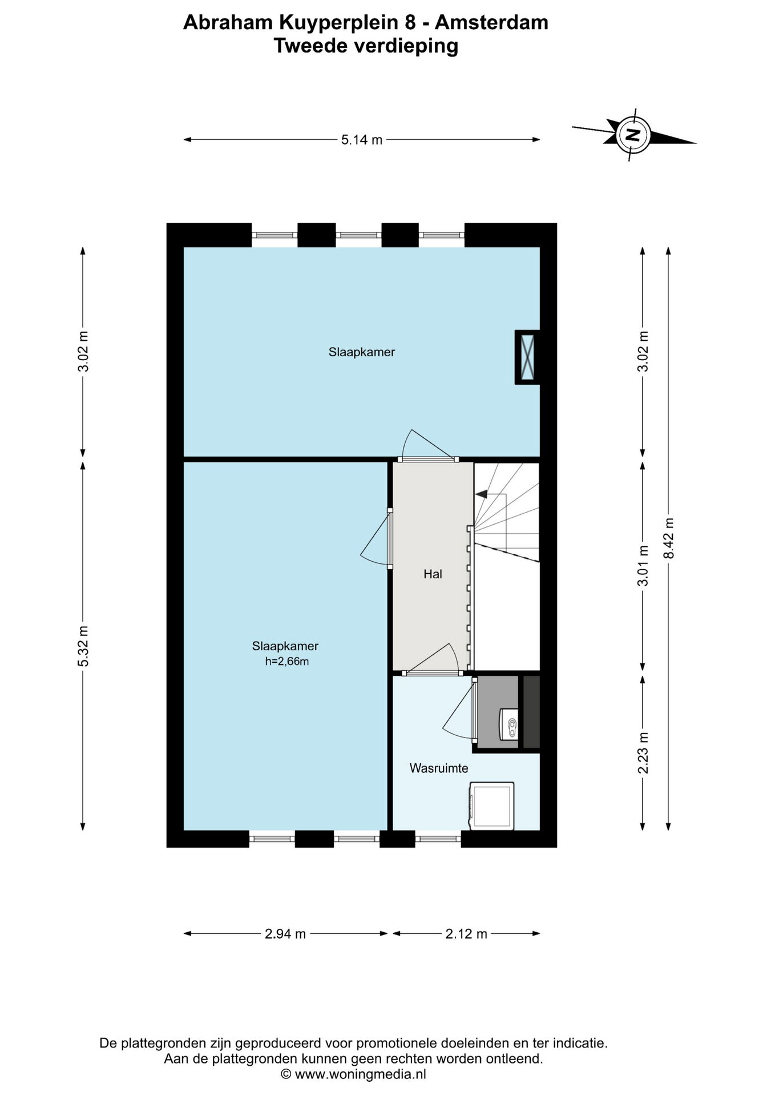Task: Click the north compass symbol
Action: [x=633, y=135]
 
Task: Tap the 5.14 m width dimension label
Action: [x=362, y=140]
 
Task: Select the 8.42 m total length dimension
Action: [x=669, y=538]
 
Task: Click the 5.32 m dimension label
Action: [x=83, y=646]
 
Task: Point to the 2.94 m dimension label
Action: [x=285, y=934]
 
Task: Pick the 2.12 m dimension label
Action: [x=466, y=934]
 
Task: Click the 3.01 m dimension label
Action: [x=643, y=566]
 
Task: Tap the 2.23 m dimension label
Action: [x=643, y=753]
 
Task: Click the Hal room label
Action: [x=433, y=574]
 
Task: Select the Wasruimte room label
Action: [x=439, y=768]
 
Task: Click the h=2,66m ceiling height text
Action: [x=287, y=662]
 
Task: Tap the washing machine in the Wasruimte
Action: [x=491, y=805]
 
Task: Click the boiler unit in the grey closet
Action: [x=508, y=724]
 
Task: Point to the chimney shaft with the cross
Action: [x=528, y=357]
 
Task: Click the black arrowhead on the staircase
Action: [x=481, y=494]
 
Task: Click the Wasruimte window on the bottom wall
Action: [x=438, y=839]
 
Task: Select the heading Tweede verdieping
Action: [x=366, y=46]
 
